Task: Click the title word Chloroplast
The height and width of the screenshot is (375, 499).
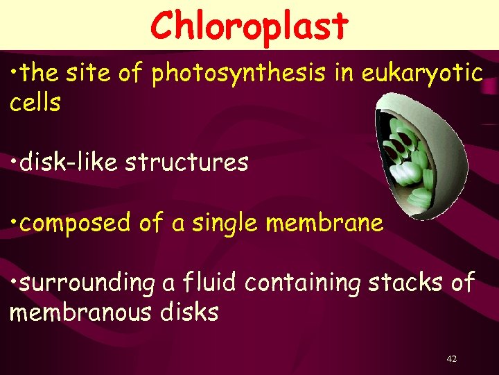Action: pos(249,26)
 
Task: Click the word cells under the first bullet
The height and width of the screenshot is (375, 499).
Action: pos(35,103)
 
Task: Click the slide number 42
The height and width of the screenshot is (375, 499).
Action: pos(452,359)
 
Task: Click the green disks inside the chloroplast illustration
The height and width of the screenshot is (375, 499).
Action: pos(410,159)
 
